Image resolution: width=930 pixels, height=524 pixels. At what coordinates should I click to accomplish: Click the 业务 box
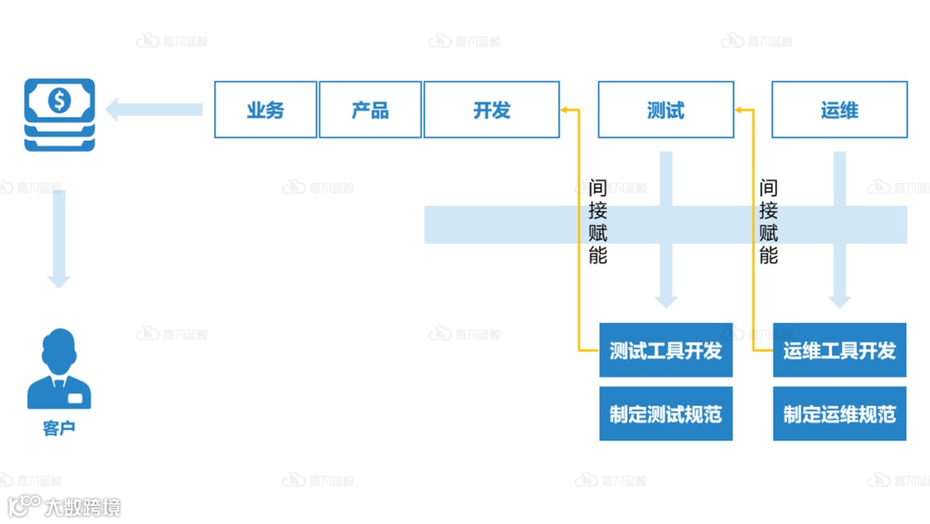[x=265, y=109]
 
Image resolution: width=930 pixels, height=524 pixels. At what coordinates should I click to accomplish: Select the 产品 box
[x=370, y=109]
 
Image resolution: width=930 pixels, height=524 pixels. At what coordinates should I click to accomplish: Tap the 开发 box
[x=492, y=109]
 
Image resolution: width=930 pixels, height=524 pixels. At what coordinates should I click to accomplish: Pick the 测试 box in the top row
[x=666, y=109]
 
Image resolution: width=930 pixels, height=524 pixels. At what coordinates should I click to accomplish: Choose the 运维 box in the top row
[x=840, y=109]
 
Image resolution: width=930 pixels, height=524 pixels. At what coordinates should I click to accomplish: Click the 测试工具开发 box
[x=666, y=351]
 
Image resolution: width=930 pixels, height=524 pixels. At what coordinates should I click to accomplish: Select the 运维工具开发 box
[x=840, y=351]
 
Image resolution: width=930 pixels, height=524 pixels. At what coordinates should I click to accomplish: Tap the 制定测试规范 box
[x=666, y=415]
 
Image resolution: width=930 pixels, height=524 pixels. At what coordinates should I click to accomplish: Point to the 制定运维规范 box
[x=840, y=415]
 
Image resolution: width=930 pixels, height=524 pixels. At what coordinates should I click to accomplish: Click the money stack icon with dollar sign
[x=59, y=114]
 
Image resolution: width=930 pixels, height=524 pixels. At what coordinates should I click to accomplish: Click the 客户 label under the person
[x=59, y=427]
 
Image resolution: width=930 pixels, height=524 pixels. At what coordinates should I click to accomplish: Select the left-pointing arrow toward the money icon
[x=153, y=109]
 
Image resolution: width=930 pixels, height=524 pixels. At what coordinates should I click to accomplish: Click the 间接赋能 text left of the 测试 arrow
[x=598, y=221]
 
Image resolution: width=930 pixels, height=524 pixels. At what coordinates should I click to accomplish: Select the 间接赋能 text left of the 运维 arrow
[x=769, y=221]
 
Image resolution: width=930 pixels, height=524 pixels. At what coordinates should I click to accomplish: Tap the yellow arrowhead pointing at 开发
[x=566, y=109]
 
